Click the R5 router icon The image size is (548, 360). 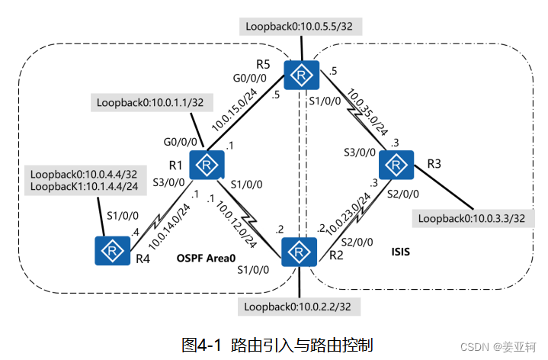(303, 75)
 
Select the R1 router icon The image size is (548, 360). (205, 165)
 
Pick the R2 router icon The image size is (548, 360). (300, 251)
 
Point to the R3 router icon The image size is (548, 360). (396, 165)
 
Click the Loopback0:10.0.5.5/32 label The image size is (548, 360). (303, 26)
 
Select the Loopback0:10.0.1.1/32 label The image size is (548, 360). (151, 101)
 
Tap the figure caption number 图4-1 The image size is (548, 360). (203, 344)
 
